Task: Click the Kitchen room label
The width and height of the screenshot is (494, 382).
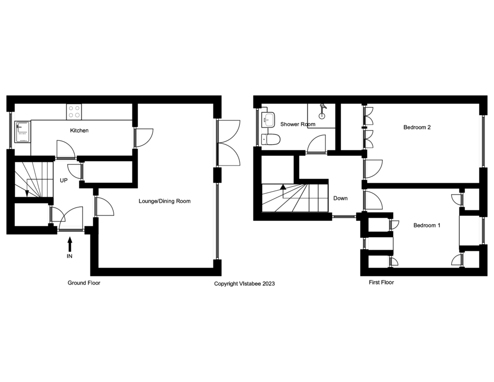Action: (79, 130)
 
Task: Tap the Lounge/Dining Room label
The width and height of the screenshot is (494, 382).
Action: (165, 201)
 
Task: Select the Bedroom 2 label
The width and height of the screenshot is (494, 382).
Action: (417, 127)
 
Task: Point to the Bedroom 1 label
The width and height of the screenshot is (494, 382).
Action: (426, 225)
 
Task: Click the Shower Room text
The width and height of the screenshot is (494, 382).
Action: (297, 124)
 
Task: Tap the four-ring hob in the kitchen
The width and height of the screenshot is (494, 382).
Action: (75, 112)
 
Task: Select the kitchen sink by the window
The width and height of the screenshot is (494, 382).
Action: (23, 132)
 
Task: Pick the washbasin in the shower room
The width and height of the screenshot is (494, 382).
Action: (268, 119)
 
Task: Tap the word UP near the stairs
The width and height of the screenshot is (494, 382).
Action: (64, 181)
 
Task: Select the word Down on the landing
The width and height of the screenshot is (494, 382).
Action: (340, 198)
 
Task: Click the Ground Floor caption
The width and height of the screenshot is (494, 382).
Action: (84, 283)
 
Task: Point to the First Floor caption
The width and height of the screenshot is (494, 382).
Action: (381, 283)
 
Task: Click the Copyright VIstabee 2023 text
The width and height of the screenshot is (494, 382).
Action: (244, 284)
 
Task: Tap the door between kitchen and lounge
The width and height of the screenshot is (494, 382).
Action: (145, 137)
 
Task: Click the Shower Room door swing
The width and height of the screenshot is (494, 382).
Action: (316, 145)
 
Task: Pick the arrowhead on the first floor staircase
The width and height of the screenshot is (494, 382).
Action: (283, 187)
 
